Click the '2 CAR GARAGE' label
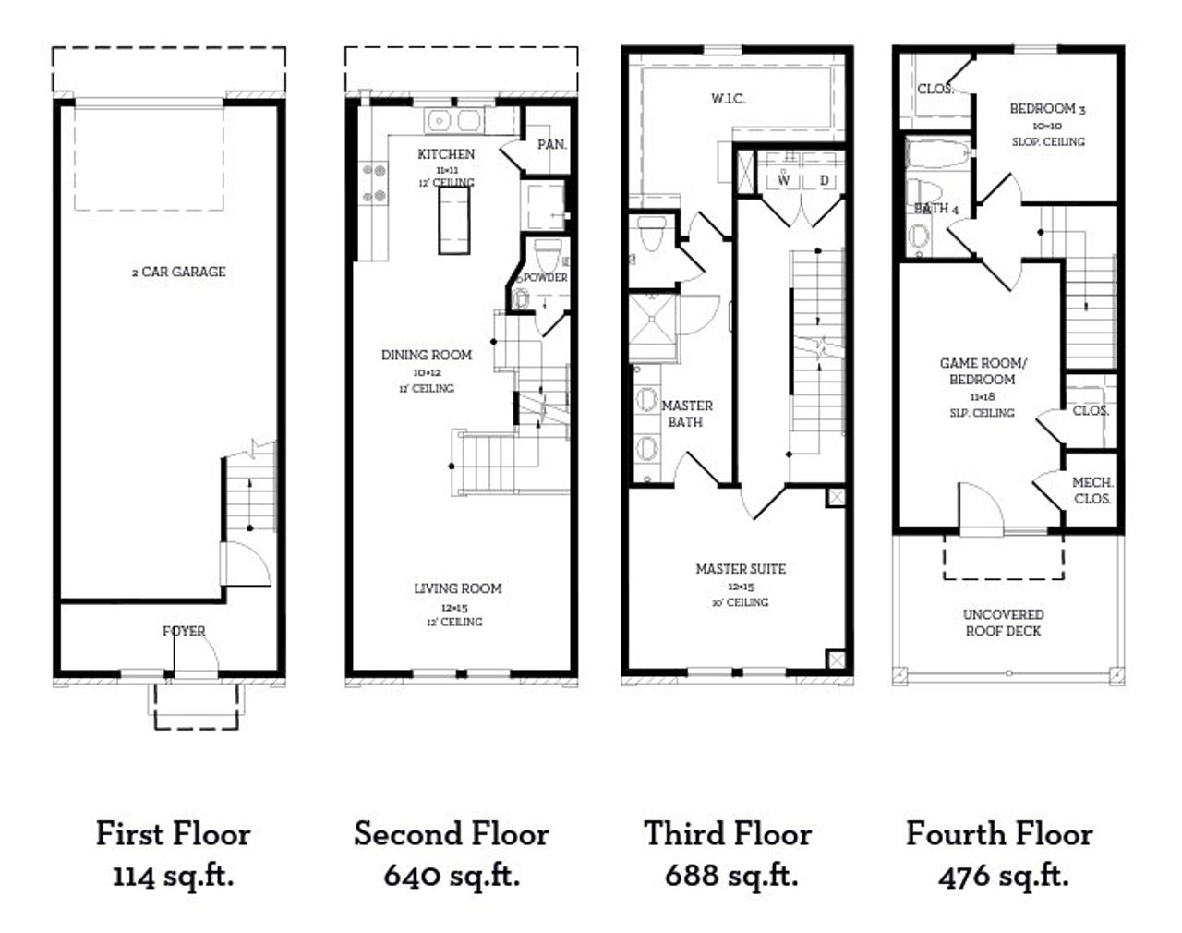coord(178,272)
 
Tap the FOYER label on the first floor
coord(184,631)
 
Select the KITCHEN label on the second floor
coord(446,154)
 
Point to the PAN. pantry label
coord(551,144)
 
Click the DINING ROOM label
coord(427,355)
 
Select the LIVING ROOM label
coord(458,588)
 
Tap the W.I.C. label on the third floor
coord(728,99)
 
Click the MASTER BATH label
coord(686,414)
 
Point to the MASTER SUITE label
coord(741,569)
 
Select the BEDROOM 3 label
coord(1047,109)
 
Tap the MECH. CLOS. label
coord(1092,491)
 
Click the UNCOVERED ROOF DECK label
coord(1003,623)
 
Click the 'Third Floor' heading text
coord(728,834)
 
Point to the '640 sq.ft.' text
coord(452,875)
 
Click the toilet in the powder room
coord(549,251)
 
